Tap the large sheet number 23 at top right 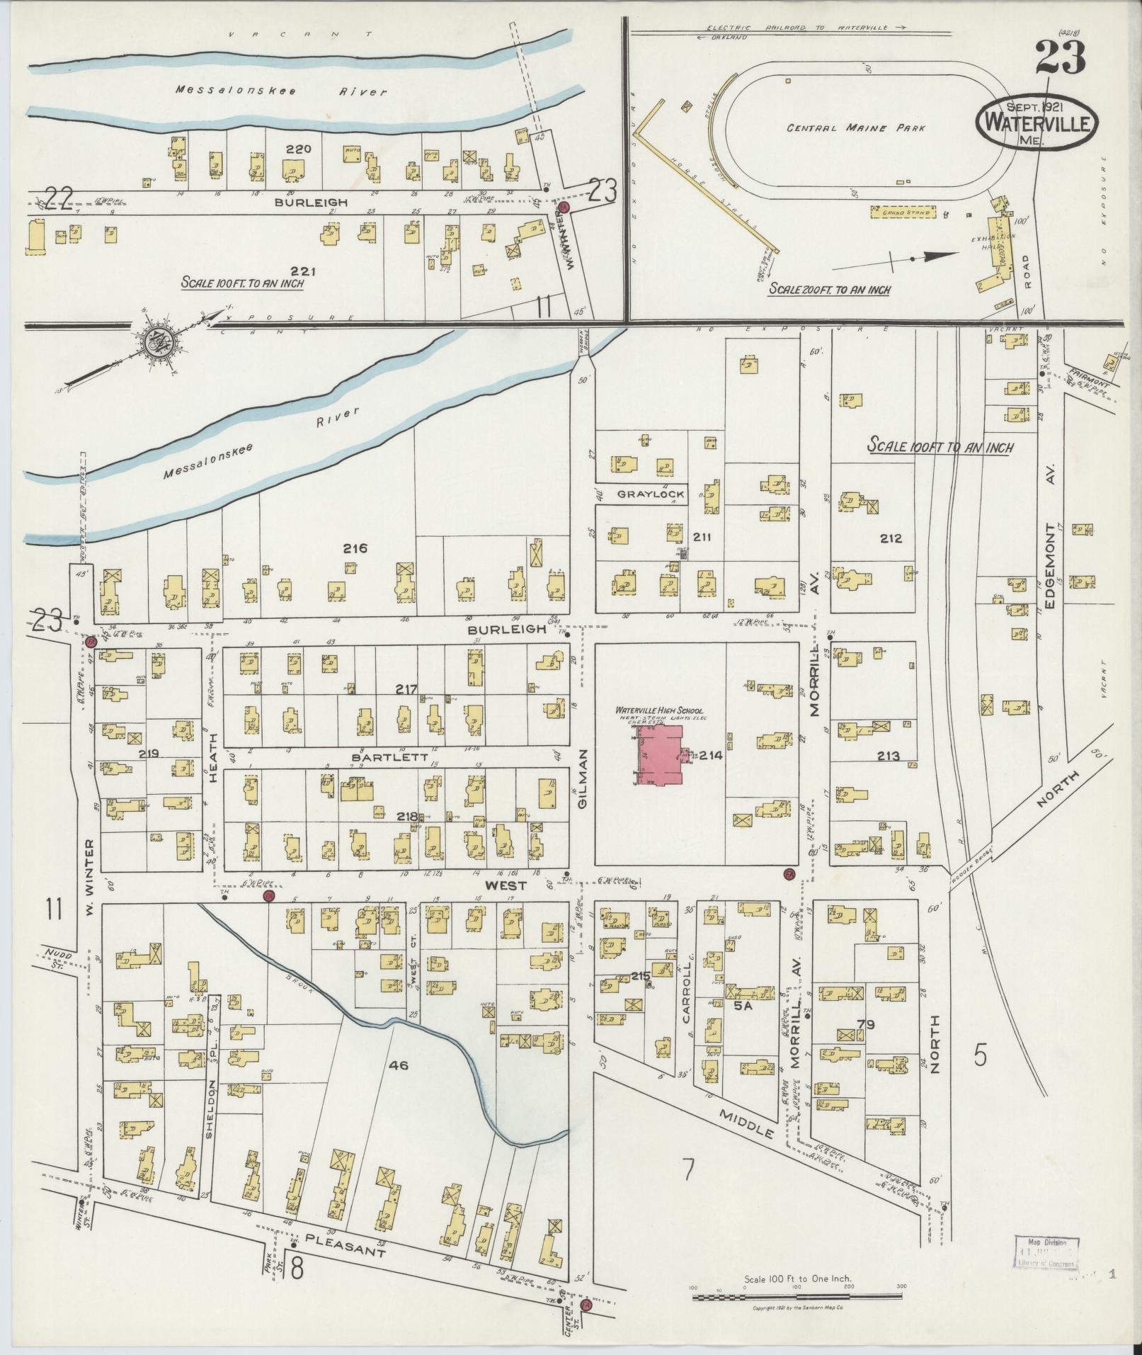pos(1060,57)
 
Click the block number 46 pos(398,1063)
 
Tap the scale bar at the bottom pos(797,1298)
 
